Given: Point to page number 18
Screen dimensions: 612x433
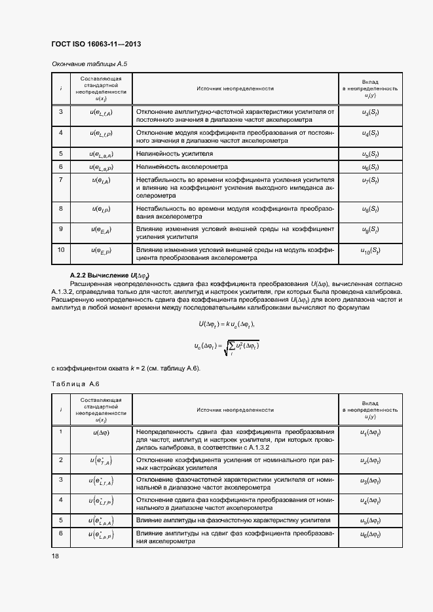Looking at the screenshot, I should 55,556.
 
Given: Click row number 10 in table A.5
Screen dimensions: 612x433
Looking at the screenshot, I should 61,250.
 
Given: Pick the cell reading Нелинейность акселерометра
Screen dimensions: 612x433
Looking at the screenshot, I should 181,167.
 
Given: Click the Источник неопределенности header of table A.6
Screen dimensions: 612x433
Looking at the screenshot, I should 235,409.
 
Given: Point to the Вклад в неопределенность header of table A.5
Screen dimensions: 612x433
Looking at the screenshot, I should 371,88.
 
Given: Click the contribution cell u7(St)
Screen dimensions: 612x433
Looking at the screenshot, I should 370,180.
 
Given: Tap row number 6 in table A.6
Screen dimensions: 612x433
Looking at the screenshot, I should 61,533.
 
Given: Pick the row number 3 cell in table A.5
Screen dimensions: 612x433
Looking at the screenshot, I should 61,111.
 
